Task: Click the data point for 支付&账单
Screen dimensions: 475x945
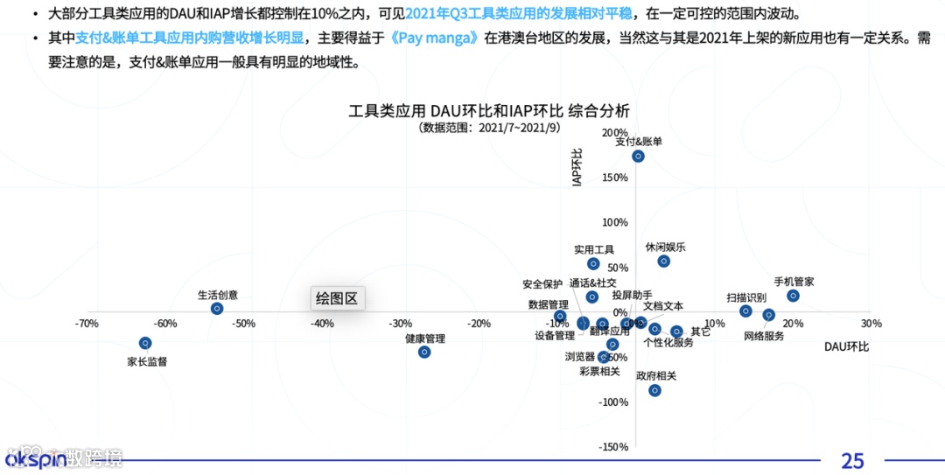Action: click(638, 156)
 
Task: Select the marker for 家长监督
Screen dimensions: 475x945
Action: click(145, 343)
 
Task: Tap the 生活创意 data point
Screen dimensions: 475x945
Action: click(217, 309)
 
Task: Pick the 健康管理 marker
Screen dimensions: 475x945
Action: click(424, 352)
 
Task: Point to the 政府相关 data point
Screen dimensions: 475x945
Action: click(654, 390)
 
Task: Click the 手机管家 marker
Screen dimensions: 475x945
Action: click(793, 296)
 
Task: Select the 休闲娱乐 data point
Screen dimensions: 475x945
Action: click(663, 261)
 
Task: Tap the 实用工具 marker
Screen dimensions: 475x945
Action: click(593, 263)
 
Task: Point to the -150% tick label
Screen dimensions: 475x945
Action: click(613, 447)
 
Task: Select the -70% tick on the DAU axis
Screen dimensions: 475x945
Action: click(86, 324)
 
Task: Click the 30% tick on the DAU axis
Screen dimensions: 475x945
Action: click(871, 324)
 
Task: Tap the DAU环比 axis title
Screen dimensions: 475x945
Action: click(846, 346)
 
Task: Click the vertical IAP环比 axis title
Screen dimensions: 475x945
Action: click(577, 167)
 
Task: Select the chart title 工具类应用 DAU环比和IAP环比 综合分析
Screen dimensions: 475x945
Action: click(489, 111)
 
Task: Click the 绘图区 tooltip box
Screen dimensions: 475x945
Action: click(338, 298)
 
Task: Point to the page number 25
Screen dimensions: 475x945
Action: click(852, 460)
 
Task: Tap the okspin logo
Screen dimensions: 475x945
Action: click(35, 459)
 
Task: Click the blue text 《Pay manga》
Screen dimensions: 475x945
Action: click(435, 38)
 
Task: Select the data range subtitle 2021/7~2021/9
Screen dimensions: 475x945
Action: click(489, 128)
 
